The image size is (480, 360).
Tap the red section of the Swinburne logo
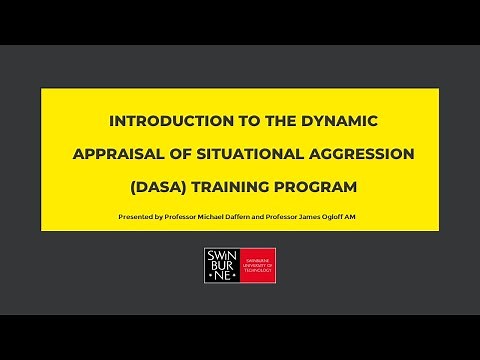(x=257, y=264)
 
